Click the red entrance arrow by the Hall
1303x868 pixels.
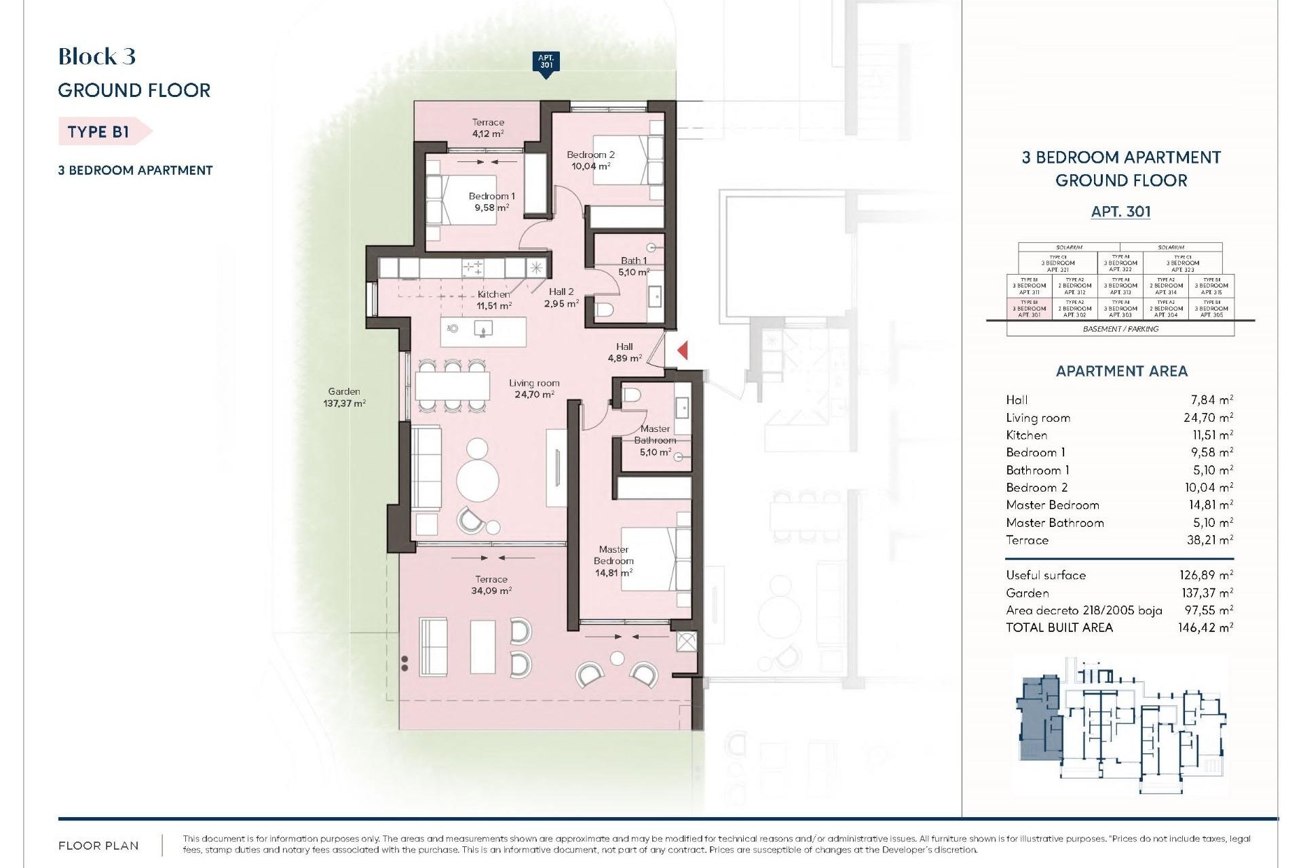[x=683, y=351]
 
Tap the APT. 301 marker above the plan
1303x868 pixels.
[x=546, y=63]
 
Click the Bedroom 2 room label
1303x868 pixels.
[x=590, y=160]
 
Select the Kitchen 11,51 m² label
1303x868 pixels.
[x=493, y=300]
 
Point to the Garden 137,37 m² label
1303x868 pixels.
[x=344, y=397]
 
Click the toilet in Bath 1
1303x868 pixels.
[x=604, y=311]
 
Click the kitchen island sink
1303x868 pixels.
[x=483, y=330]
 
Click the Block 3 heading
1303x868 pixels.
[x=97, y=56]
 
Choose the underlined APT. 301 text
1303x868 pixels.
[x=1120, y=212]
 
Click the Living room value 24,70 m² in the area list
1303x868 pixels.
[x=1208, y=418]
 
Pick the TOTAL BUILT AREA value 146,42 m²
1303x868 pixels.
[x=1205, y=628]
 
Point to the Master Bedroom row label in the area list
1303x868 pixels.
[x=1053, y=505]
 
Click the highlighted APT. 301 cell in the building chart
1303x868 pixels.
[x=1030, y=309]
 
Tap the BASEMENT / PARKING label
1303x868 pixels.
[x=1120, y=329]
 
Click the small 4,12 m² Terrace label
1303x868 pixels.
[x=488, y=128]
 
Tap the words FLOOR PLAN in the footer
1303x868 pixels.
[x=98, y=846]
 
